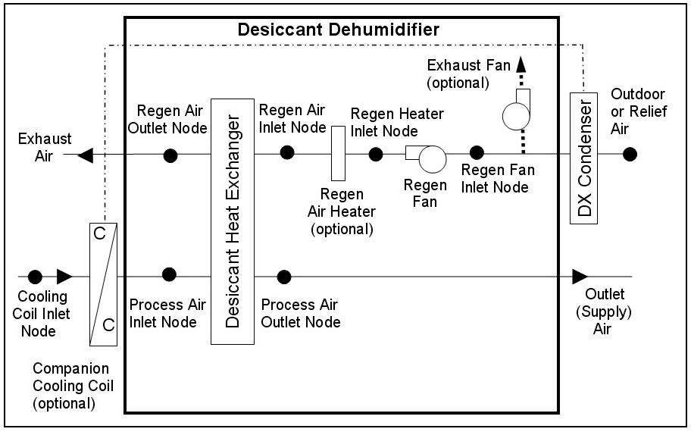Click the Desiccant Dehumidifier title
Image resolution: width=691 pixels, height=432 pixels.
pyautogui.click(x=339, y=30)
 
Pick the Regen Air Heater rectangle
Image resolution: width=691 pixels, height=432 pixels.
pyautogui.click(x=338, y=153)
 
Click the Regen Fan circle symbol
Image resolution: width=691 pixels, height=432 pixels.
pyautogui.click(x=433, y=160)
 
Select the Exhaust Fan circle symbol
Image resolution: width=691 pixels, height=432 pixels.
pyautogui.click(x=517, y=114)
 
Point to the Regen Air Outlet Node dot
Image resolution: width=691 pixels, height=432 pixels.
pyautogui.click(x=170, y=155)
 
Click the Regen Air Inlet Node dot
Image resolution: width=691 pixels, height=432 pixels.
pyautogui.click(x=287, y=152)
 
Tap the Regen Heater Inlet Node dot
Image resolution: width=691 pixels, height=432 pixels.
pyautogui.click(x=375, y=154)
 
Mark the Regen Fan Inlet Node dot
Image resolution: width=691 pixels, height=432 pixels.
pyautogui.click(x=477, y=154)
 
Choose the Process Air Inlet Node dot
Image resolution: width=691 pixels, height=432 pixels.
pyautogui.click(x=170, y=274)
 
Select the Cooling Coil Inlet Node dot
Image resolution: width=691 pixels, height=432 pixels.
pyautogui.click(x=34, y=277)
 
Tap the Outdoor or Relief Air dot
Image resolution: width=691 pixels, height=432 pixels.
pyautogui.click(x=629, y=155)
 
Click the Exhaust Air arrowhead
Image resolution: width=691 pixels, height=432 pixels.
pyautogui.click(x=86, y=155)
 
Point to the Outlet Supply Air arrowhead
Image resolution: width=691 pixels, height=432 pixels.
pyautogui.click(x=580, y=276)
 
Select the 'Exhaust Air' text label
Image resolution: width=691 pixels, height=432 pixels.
pyautogui.click(x=45, y=146)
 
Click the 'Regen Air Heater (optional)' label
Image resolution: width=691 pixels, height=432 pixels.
pyautogui.click(x=340, y=211)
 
